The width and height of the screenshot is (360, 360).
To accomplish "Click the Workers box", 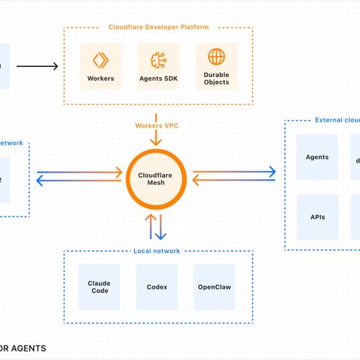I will coord(100,66).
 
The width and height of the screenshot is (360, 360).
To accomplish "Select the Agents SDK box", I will coord(158,66).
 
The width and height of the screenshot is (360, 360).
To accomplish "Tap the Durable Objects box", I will coord(216,66).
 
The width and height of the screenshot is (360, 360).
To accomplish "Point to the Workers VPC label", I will coord(156,127).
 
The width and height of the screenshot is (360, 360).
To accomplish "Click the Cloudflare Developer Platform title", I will coord(158,27).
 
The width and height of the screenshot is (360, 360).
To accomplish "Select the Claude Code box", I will coord(99,287).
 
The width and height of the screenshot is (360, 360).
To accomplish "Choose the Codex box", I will coord(156,287).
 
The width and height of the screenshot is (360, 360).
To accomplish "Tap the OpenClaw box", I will coord(214,287).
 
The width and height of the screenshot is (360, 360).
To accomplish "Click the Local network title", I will coord(156,251).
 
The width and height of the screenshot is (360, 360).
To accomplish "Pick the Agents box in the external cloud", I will coord(317,157).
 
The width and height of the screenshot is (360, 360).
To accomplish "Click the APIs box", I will coord(317,215).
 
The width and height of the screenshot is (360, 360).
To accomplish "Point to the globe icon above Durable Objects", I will coord(216,57).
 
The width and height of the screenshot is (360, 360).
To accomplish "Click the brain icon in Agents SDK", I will coord(158,58).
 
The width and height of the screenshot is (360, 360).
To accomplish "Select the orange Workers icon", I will coord(100,58).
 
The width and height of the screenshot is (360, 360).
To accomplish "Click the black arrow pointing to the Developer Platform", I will coord(37,67).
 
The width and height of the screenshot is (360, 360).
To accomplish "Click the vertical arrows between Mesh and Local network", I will coord(156,225).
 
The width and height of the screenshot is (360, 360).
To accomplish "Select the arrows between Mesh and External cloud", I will coord(234,174).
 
